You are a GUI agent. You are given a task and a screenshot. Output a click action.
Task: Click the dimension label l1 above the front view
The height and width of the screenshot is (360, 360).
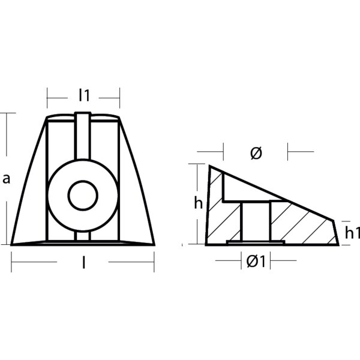[83, 95]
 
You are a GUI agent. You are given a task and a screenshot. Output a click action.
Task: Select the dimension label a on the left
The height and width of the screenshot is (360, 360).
[6, 178]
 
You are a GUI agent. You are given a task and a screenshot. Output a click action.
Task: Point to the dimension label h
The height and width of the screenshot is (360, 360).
[199, 203]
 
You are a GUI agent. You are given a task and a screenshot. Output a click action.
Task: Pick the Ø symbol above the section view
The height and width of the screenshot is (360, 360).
[255, 153]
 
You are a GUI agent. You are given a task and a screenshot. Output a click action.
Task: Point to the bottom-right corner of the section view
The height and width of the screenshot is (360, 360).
[338, 244]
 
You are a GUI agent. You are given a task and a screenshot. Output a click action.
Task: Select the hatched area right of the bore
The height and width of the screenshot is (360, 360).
[300, 225]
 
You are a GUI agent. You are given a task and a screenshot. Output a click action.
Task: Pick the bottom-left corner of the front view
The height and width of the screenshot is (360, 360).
[13, 244]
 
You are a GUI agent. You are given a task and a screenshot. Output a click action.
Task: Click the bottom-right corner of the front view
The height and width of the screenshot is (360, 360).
[154, 244]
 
